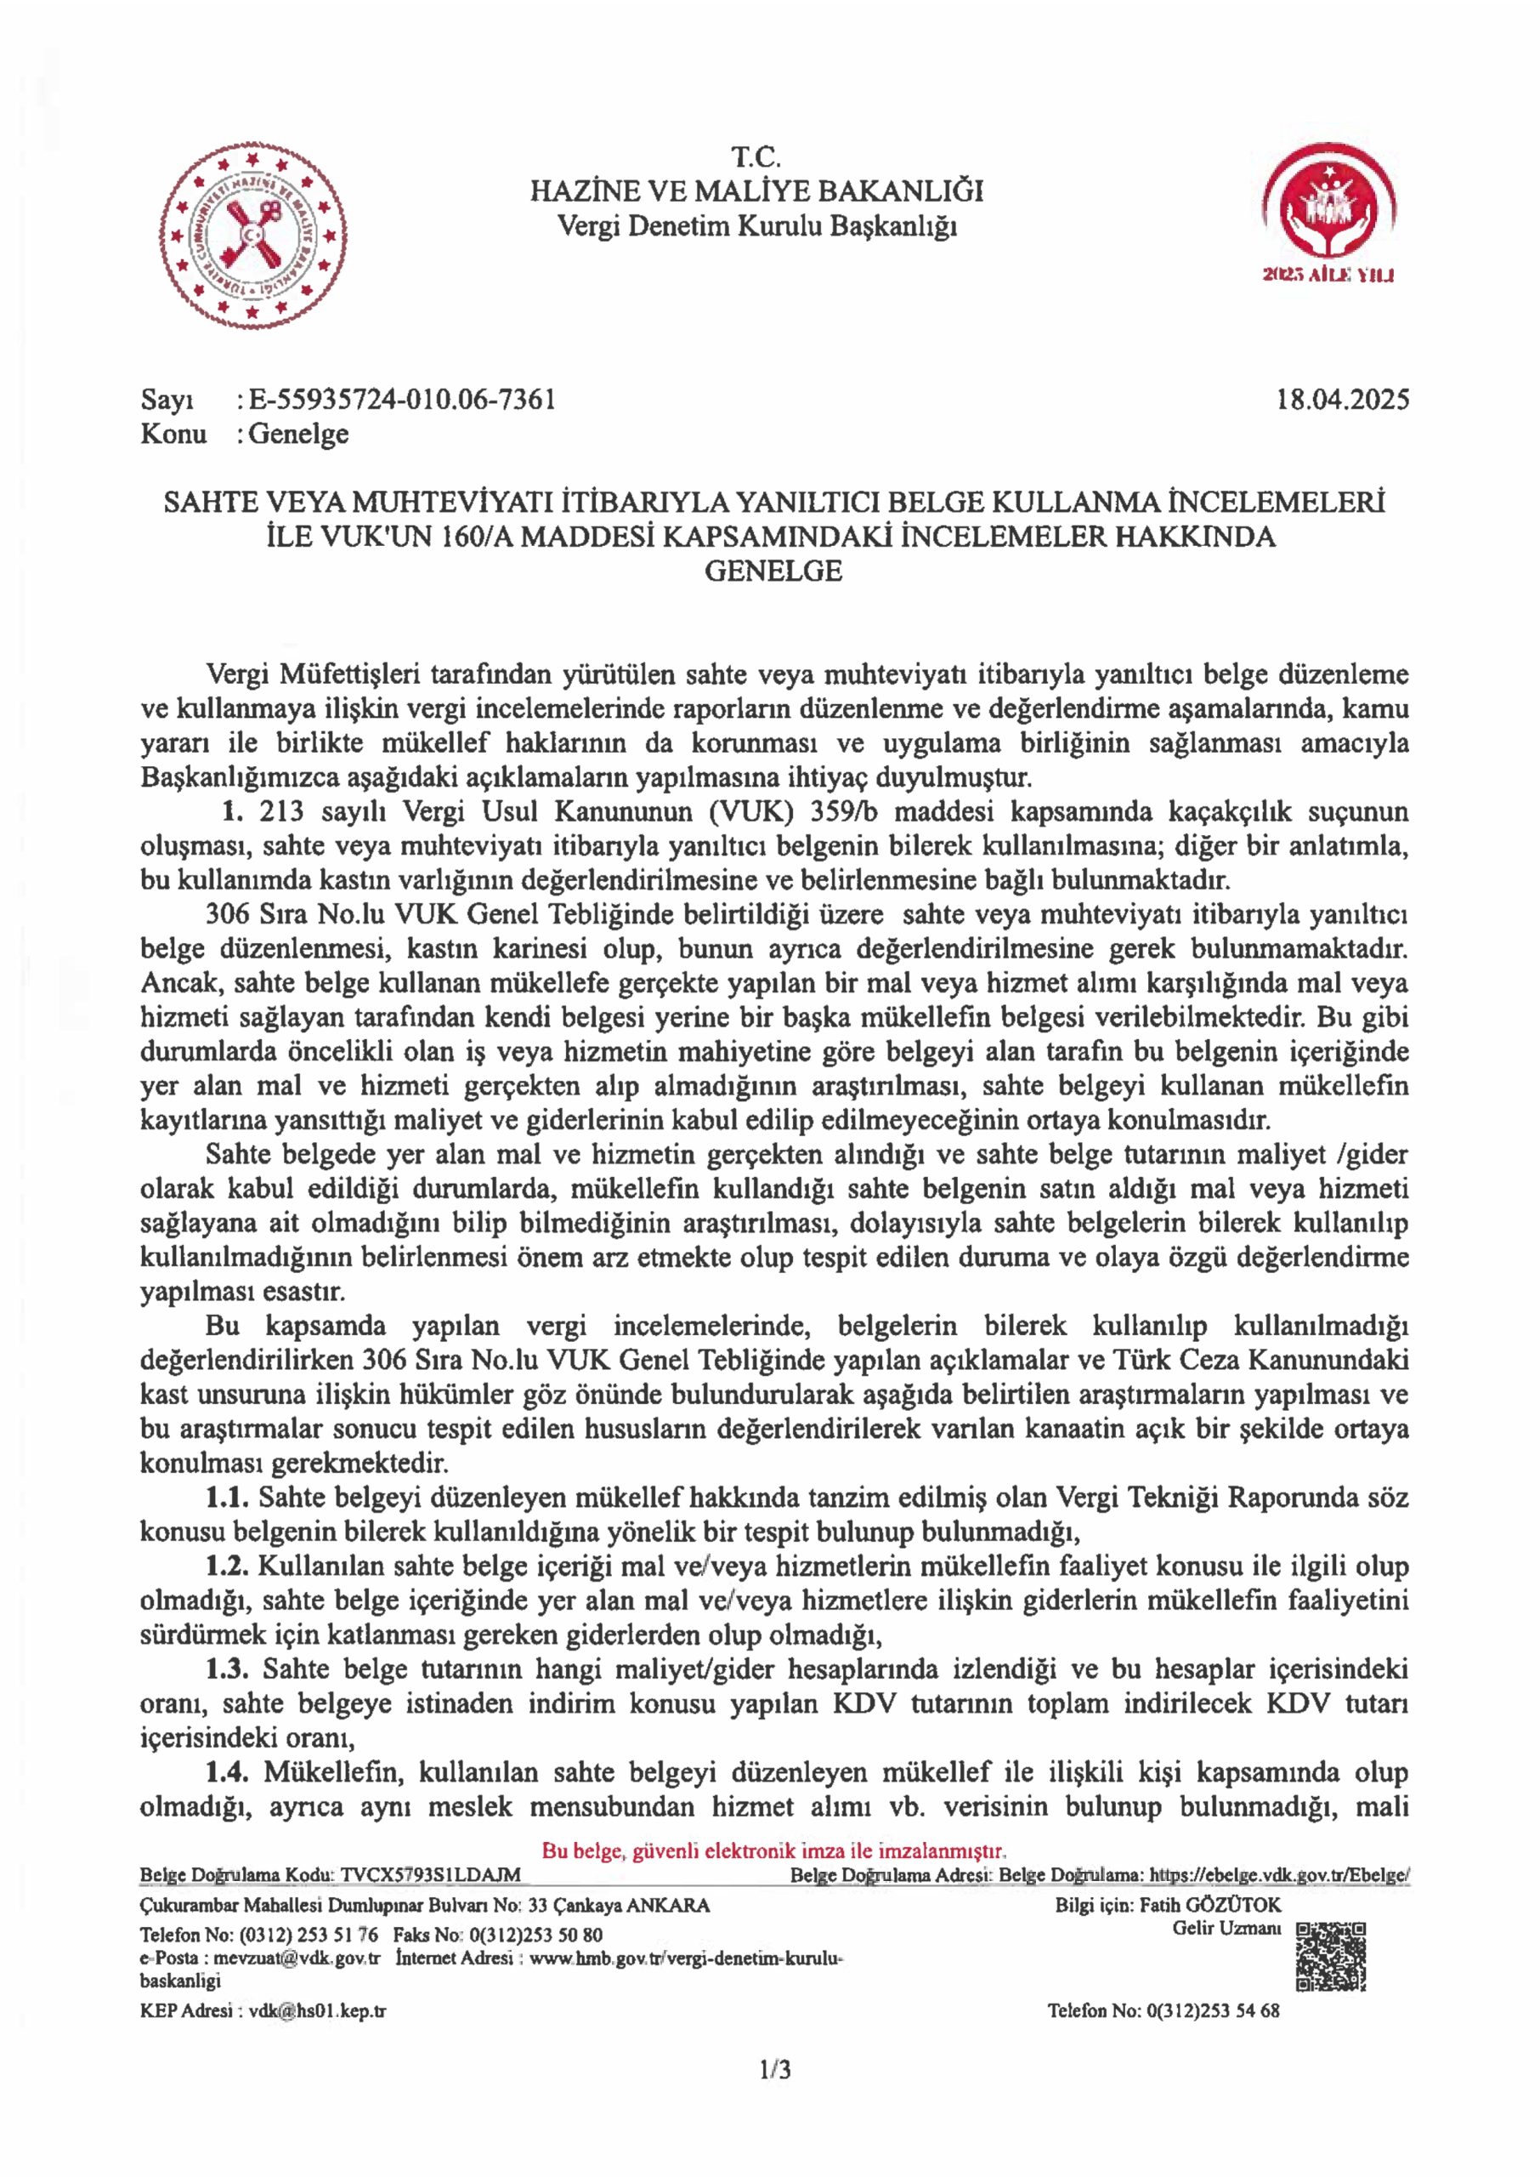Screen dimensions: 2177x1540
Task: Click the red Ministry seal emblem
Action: point(252,236)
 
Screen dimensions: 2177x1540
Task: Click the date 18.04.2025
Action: point(1342,400)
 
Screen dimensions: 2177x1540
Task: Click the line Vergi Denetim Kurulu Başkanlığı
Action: point(756,227)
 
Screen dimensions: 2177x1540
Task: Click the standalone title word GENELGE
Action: point(773,571)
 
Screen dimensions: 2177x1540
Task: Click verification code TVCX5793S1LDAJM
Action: point(431,1875)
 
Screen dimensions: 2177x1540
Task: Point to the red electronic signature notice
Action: point(773,1850)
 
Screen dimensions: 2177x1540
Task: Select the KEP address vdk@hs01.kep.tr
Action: point(317,2010)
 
